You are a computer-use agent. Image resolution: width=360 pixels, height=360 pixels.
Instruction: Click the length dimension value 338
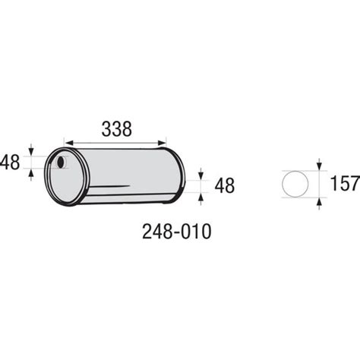tap(116, 129)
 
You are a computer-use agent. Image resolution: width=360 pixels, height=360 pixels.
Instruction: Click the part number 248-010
tap(176, 232)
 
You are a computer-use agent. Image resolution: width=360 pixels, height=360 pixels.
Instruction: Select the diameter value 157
tap(345, 183)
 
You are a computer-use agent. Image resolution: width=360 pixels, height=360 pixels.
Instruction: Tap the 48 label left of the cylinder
tap(10, 163)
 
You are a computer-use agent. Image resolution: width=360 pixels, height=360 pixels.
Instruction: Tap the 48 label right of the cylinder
tap(225, 185)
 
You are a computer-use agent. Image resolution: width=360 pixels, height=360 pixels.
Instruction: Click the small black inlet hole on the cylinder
tap(61, 162)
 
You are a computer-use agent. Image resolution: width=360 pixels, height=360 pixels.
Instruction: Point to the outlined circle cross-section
tap(295, 184)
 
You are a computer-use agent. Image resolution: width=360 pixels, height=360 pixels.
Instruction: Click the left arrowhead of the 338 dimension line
tap(69, 143)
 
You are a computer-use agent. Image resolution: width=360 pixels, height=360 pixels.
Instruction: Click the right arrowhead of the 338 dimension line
tap(162, 143)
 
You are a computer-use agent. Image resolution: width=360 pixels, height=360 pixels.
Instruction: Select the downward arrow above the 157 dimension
tap(319, 164)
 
